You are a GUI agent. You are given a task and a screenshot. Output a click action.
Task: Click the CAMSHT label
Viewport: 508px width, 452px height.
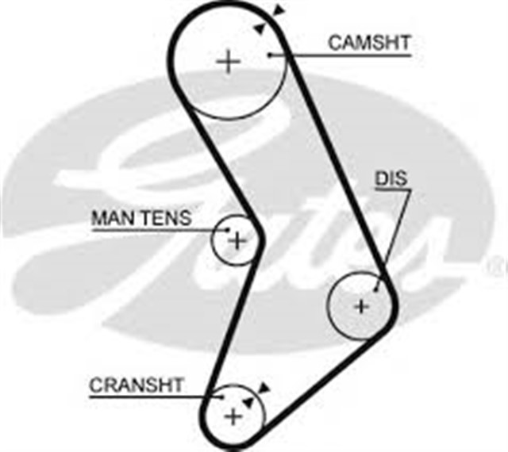[x=369, y=43]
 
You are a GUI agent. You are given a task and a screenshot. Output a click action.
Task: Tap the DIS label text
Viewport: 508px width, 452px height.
[x=391, y=180]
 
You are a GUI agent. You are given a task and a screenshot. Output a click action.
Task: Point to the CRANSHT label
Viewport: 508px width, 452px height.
[x=136, y=385]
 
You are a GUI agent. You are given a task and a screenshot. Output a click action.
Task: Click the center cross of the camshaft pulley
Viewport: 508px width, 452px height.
[x=229, y=61]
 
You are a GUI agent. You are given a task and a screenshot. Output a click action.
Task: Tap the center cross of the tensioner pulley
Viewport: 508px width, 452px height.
[x=237, y=239]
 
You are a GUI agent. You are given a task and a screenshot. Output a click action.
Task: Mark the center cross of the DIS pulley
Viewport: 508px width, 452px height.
[x=361, y=306]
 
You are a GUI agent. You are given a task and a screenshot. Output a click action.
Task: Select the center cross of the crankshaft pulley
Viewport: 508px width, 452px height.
[x=233, y=416]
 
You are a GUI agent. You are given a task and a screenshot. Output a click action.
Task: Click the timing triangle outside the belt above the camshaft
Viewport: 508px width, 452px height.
[x=278, y=10]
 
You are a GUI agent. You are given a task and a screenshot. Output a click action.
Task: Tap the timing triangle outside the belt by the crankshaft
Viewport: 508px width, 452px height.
[x=264, y=387]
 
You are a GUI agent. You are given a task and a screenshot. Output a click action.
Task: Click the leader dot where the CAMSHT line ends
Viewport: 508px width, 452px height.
[x=270, y=54]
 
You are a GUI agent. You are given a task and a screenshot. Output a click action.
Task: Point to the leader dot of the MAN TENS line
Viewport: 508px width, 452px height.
[x=229, y=231]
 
